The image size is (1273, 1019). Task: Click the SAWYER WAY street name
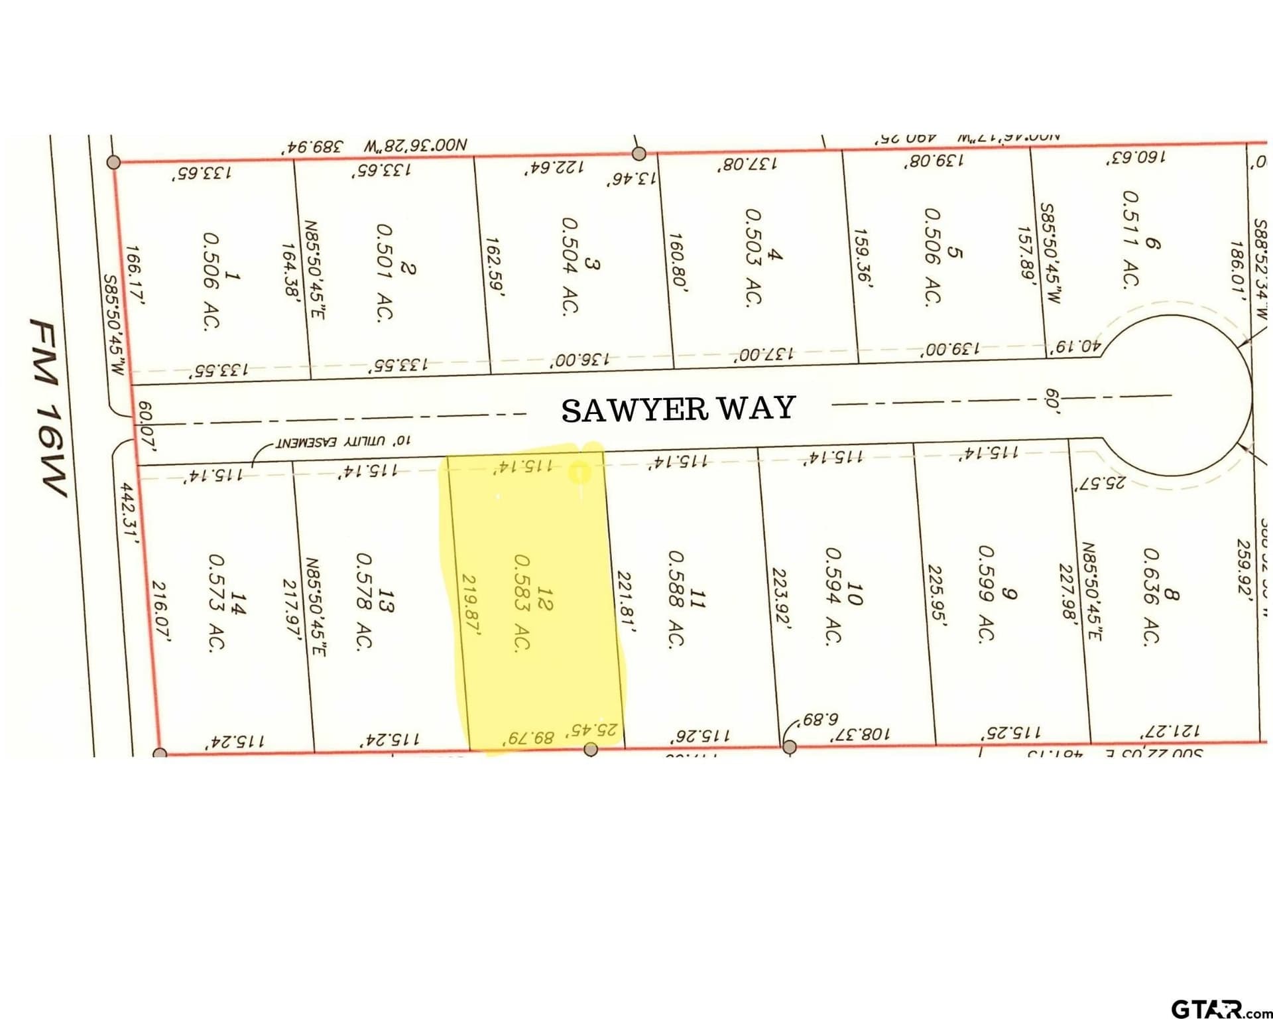tap(678, 409)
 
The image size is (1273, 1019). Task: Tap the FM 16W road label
tap(49, 407)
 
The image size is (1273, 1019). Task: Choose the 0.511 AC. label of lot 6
tap(1131, 239)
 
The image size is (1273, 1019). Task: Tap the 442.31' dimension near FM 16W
tap(129, 513)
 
